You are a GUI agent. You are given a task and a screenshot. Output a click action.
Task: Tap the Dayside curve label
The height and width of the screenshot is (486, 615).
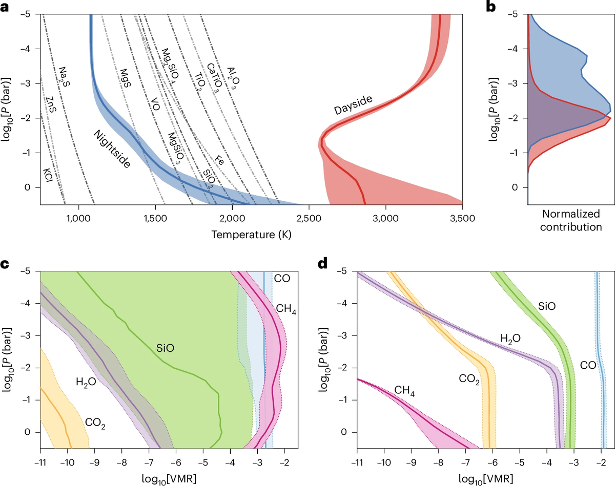point(353,104)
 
